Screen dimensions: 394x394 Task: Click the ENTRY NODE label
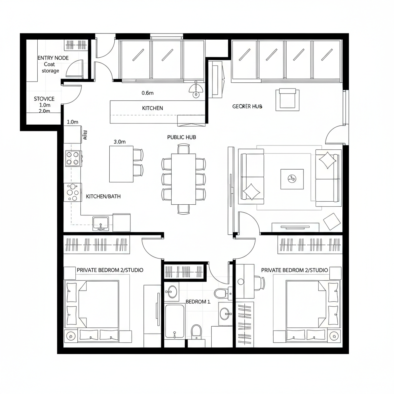[x=53, y=58]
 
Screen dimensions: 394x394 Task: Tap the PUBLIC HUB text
[x=182, y=137]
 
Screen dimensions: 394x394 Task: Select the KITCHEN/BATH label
[x=103, y=196]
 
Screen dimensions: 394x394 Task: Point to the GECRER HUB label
[x=247, y=106]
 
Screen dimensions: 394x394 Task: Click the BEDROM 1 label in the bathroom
[x=198, y=302]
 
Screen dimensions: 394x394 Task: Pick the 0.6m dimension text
[x=148, y=93]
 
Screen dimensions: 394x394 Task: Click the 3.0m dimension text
[x=120, y=141]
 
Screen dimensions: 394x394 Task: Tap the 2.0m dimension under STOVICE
[x=45, y=111]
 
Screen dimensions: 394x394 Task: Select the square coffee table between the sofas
[x=292, y=179]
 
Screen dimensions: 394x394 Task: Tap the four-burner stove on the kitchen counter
[x=73, y=158]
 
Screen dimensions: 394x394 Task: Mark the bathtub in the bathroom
[x=175, y=321]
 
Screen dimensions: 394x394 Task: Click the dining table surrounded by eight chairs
[x=183, y=179]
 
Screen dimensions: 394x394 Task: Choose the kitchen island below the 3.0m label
[x=121, y=164]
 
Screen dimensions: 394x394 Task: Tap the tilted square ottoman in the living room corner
[x=331, y=222]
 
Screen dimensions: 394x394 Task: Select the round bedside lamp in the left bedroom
[x=70, y=336]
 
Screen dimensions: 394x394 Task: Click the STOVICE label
[x=44, y=99]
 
